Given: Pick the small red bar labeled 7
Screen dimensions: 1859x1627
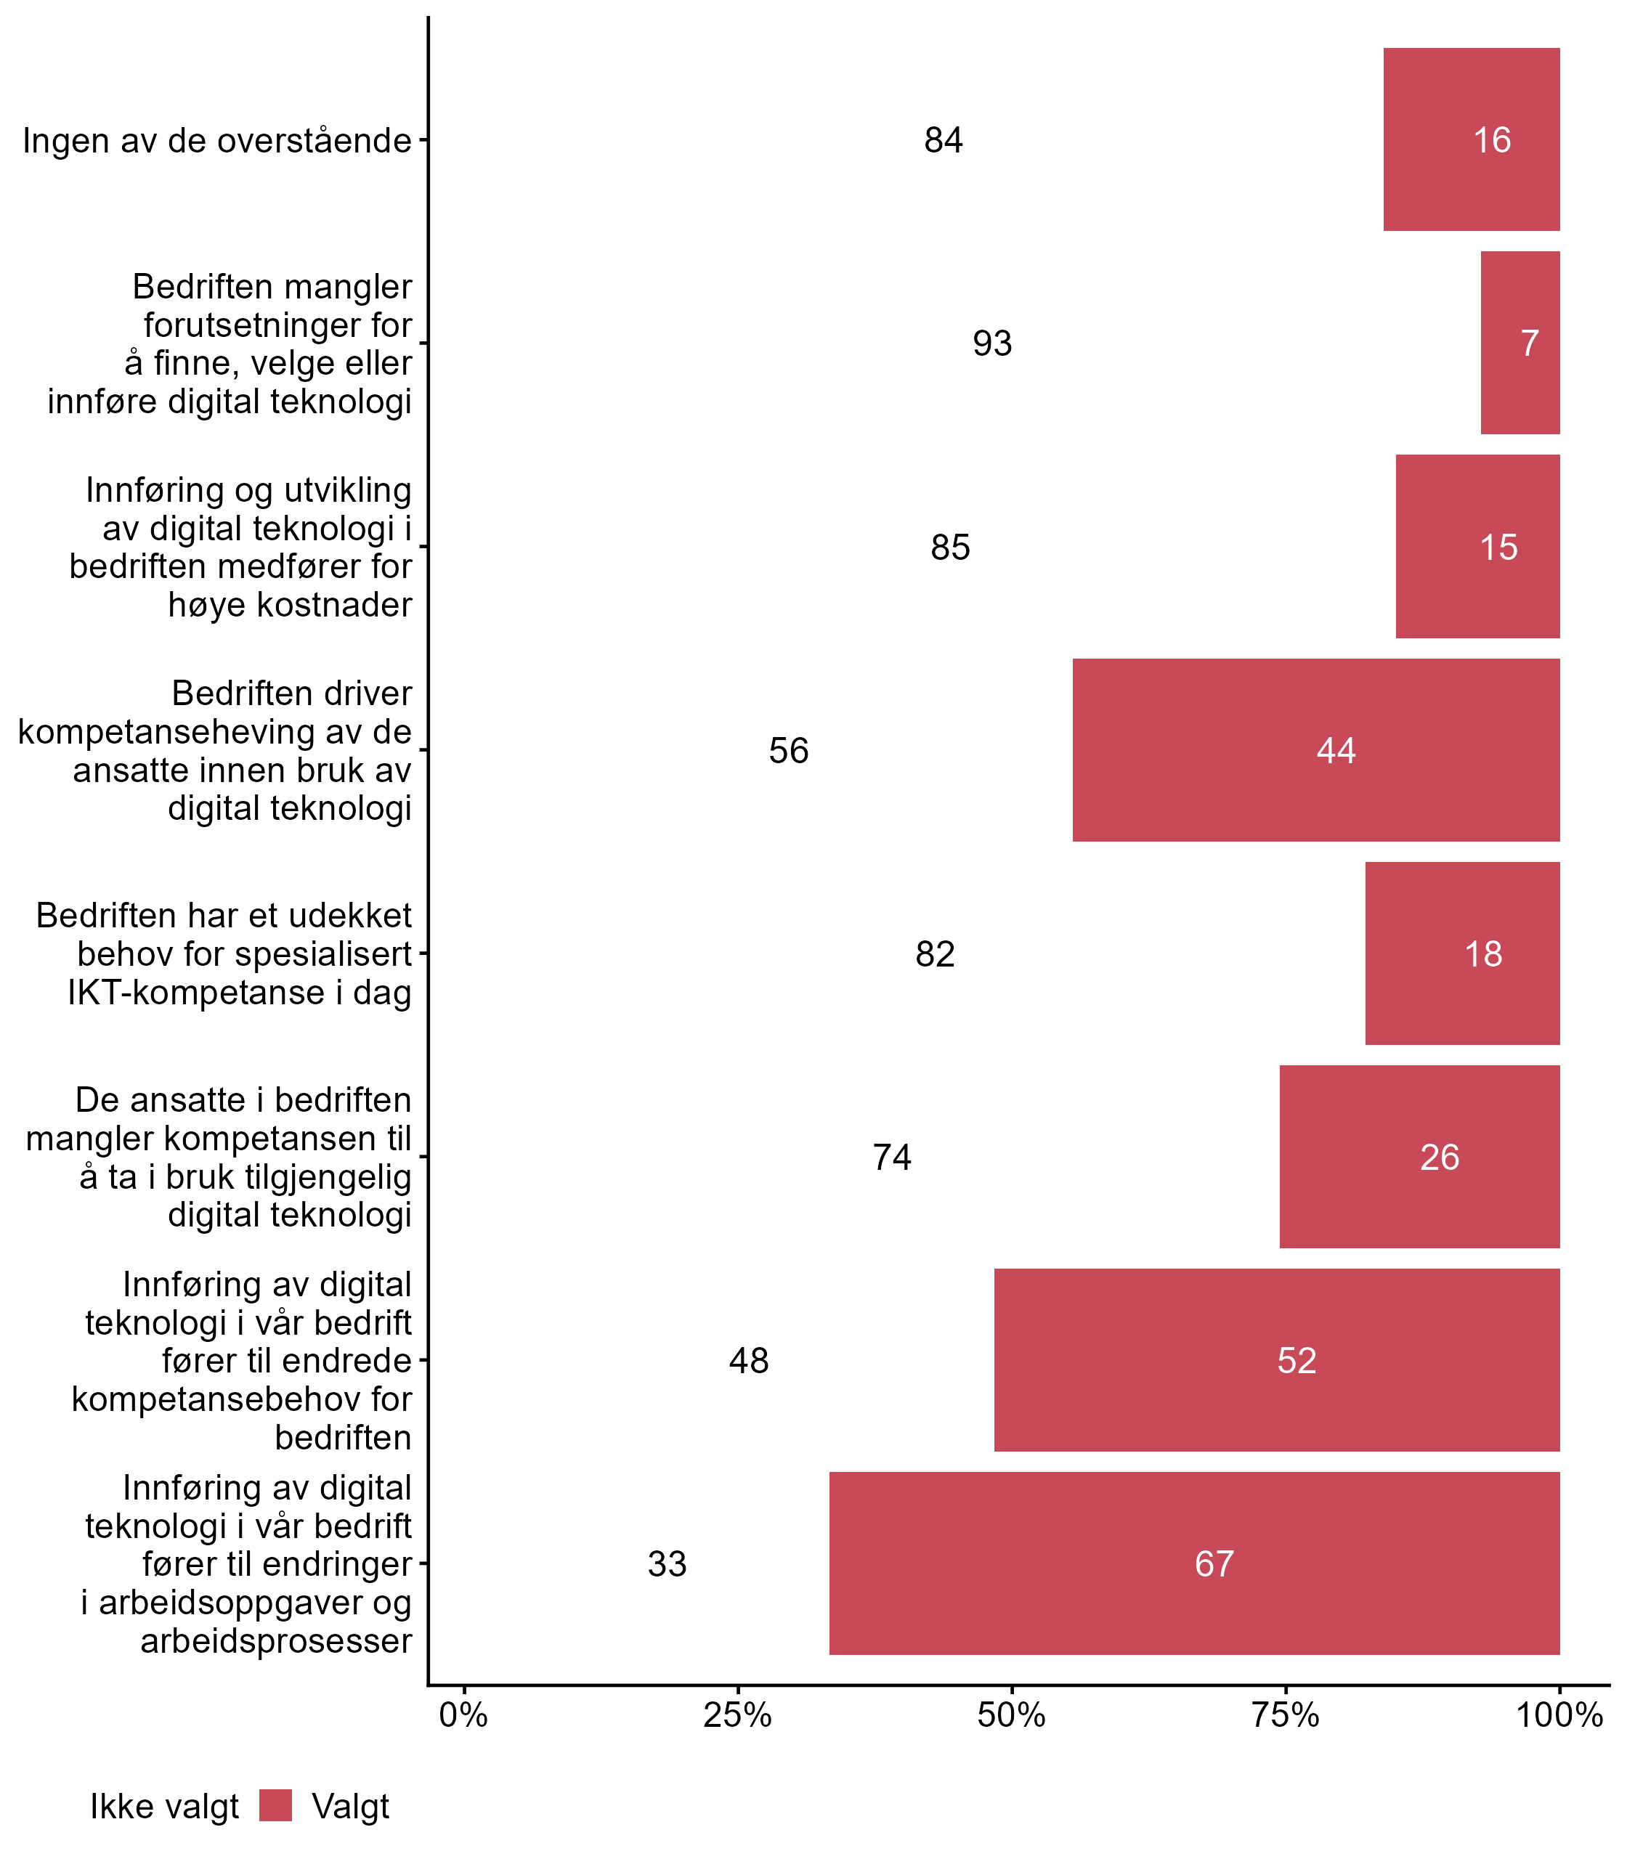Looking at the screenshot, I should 1520,343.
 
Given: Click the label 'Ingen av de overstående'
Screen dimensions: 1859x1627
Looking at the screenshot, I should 217,142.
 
